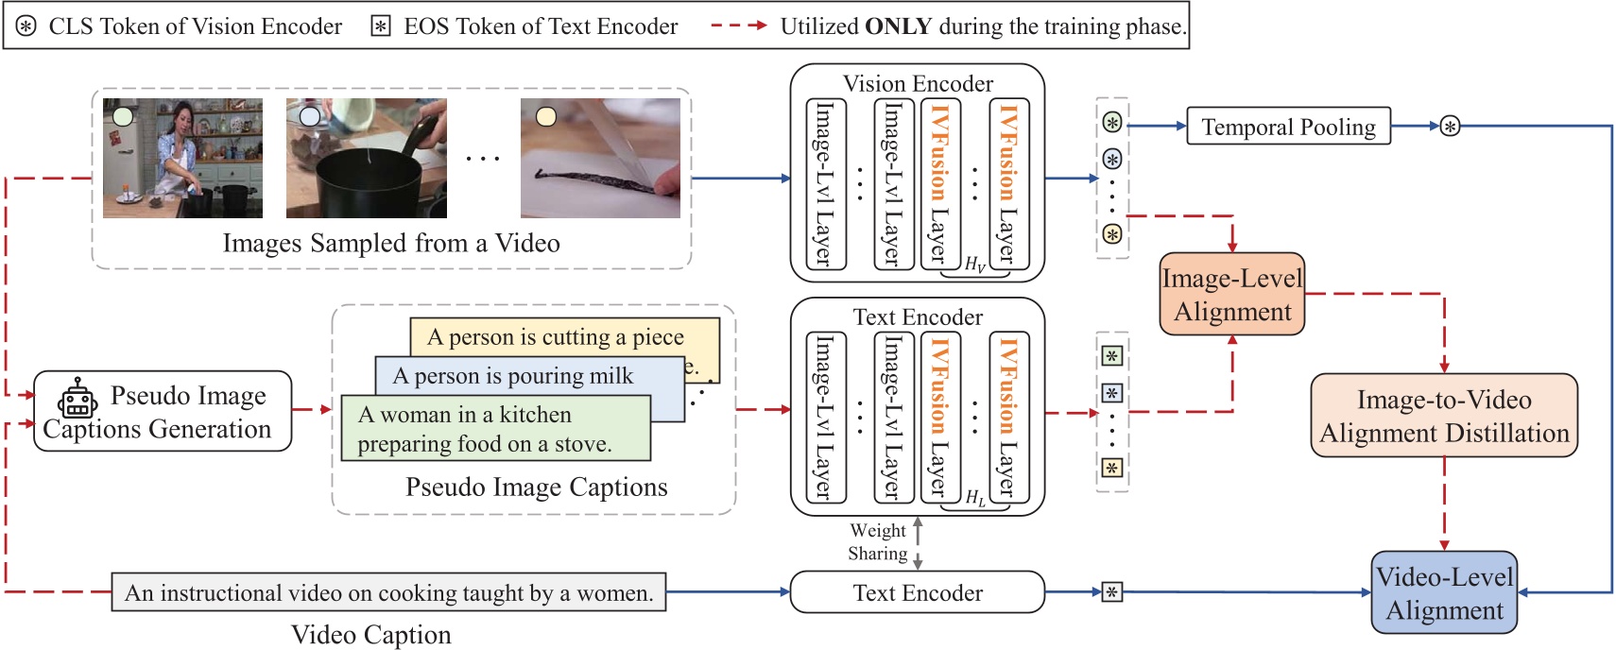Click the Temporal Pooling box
[1288, 126]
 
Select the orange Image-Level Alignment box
[1231, 294]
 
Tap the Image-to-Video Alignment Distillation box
[1443, 416]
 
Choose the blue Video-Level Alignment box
[1443, 592]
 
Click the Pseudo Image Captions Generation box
[163, 411]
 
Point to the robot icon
[77, 399]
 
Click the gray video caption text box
[388, 592]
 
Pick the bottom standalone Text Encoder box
[917, 592]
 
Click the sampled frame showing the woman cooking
[182, 158]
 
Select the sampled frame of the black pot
[366, 158]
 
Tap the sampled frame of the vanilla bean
[600, 158]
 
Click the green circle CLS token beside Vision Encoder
[1112, 122]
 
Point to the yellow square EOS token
[1112, 468]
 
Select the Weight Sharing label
[877, 542]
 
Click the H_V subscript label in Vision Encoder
[974, 265]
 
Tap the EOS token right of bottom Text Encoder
[1112, 592]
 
